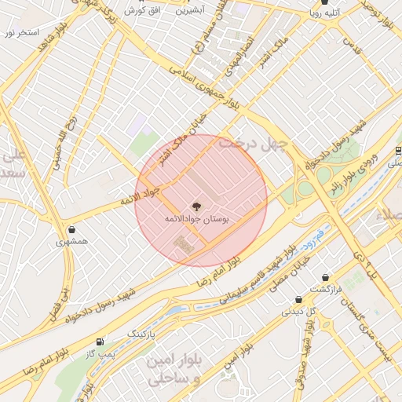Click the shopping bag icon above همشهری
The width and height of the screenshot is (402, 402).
[x=72, y=230]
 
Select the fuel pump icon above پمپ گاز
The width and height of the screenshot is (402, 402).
[x=99, y=342]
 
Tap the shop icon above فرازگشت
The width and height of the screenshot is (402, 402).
[x=325, y=277]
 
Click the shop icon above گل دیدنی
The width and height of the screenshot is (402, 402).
[x=298, y=299]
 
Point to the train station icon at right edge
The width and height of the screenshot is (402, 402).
[x=398, y=151]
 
